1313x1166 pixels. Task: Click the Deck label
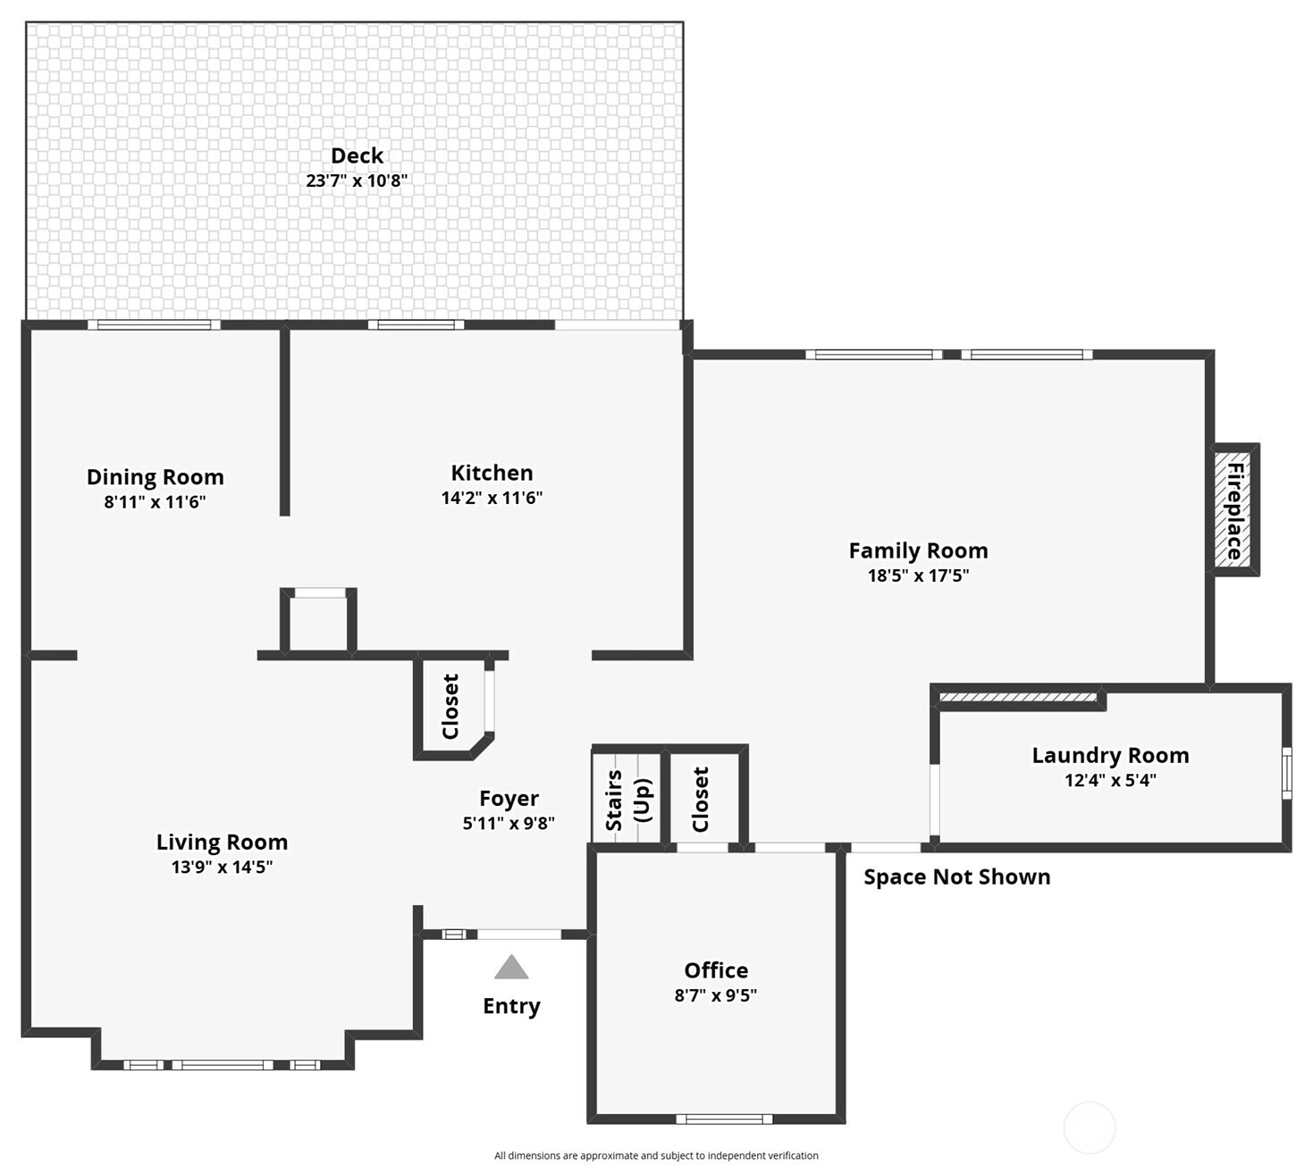click(x=357, y=155)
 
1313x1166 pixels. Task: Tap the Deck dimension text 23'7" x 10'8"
click(x=357, y=180)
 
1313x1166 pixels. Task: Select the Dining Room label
click(x=155, y=476)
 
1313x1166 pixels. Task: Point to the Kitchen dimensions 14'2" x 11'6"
click(x=492, y=498)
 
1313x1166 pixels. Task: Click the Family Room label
click(x=918, y=550)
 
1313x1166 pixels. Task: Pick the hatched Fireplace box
click(x=1234, y=510)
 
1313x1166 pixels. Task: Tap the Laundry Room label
click(x=1110, y=755)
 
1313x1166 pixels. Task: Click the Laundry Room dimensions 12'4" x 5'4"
click(x=1110, y=780)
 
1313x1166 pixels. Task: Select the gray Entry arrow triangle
click(x=511, y=968)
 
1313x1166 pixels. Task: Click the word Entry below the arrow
click(x=511, y=1006)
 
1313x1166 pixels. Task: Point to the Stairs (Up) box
click(x=627, y=798)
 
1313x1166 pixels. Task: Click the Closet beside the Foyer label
click(x=451, y=707)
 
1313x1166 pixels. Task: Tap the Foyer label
click(x=509, y=798)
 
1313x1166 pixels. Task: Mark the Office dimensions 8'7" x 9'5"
click(x=715, y=995)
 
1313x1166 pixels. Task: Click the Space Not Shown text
click(x=956, y=877)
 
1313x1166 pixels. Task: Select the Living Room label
click(x=222, y=842)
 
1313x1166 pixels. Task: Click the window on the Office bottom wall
click(x=724, y=1119)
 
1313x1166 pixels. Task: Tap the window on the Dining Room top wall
click(x=154, y=325)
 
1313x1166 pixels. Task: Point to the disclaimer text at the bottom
click(x=656, y=1155)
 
